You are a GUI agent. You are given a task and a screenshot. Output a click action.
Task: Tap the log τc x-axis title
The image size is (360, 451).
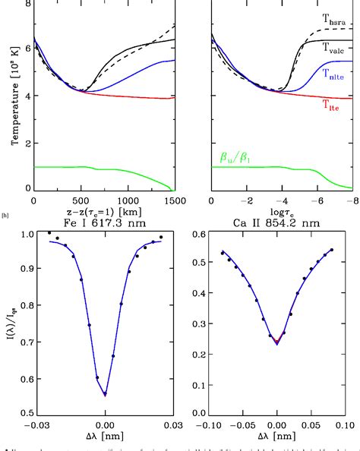click(x=280, y=212)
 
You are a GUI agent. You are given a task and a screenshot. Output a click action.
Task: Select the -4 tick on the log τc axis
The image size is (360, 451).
click(x=280, y=200)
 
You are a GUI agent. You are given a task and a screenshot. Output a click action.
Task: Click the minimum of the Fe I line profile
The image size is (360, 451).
click(x=106, y=396)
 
